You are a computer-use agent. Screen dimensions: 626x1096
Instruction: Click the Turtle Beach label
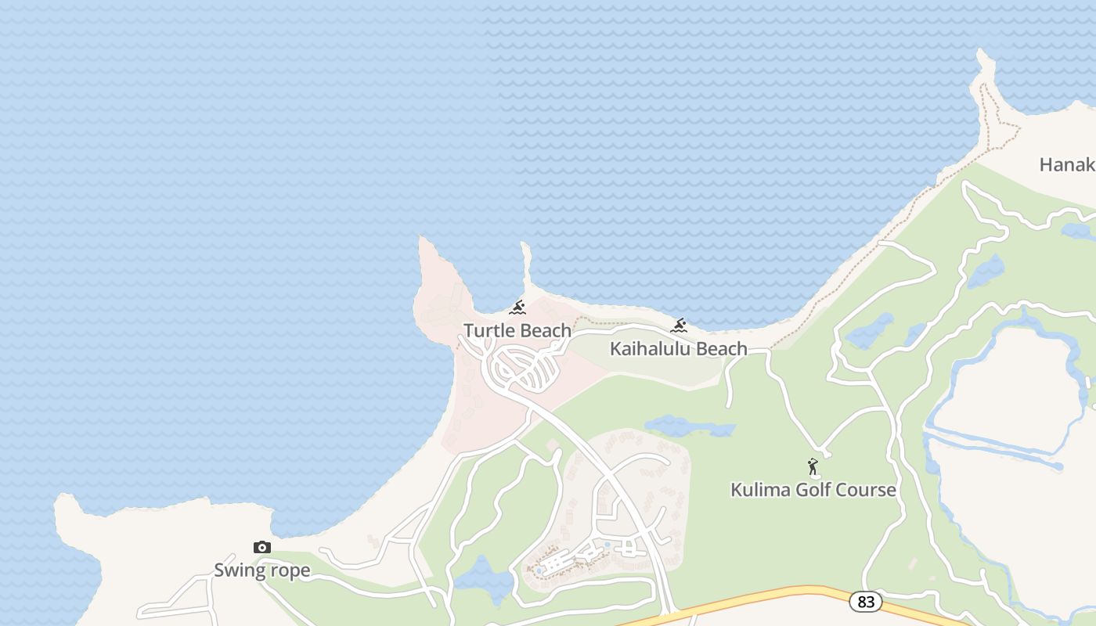click(x=517, y=330)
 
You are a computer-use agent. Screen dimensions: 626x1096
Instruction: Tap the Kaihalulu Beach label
click(x=678, y=349)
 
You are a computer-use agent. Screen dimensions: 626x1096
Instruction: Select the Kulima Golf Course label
click(x=813, y=490)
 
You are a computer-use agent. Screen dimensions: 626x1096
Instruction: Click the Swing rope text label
click(x=262, y=570)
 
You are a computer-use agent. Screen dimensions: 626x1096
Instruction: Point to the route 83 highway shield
click(x=865, y=601)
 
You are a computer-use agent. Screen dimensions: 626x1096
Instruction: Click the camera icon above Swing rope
click(x=262, y=547)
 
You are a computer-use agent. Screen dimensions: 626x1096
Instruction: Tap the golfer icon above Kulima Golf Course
click(x=813, y=467)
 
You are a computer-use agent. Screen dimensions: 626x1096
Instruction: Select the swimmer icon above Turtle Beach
click(x=517, y=308)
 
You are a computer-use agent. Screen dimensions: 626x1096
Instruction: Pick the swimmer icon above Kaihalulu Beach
click(x=679, y=326)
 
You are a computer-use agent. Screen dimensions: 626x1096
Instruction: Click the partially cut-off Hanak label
click(x=1066, y=164)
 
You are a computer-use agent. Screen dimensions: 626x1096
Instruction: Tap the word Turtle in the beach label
click(x=488, y=330)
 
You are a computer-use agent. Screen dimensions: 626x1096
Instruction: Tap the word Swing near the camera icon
click(x=238, y=570)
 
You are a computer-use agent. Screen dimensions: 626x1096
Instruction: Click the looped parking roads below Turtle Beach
click(x=525, y=369)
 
